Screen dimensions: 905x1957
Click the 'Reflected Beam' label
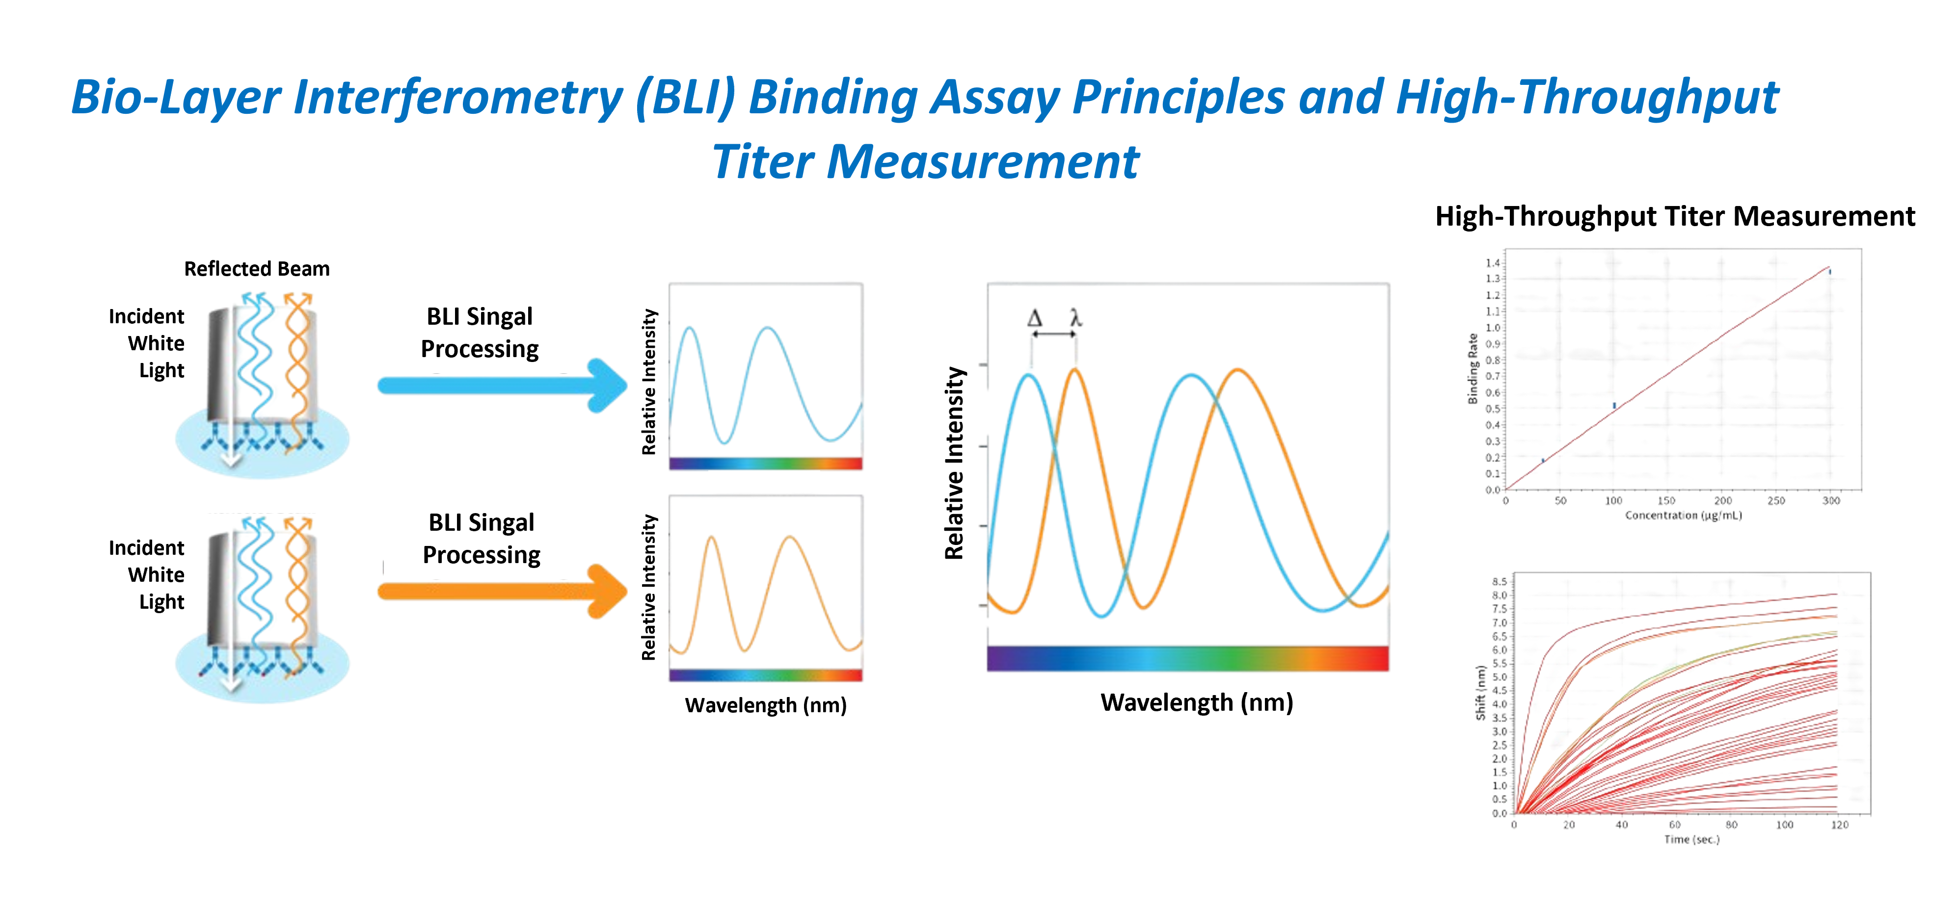coord(257,269)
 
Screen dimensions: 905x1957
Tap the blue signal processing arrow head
coord(607,386)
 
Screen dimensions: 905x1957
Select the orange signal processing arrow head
coord(607,592)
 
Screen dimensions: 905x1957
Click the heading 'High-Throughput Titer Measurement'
coord(1674,216)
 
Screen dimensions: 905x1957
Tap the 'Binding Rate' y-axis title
coord(1473,368)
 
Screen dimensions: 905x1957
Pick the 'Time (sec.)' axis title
coord(1691,839)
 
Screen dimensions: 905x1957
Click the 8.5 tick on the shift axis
coord(1499,582)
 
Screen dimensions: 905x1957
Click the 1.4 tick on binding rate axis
coord(1493,263)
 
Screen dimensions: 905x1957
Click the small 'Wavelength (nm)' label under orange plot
coord(765,705)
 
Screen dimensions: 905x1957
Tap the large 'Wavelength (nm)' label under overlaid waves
coord(1197,702)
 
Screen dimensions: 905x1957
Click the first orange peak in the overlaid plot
coord(1074,370)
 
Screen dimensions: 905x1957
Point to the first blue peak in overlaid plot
coord(1029,375)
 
